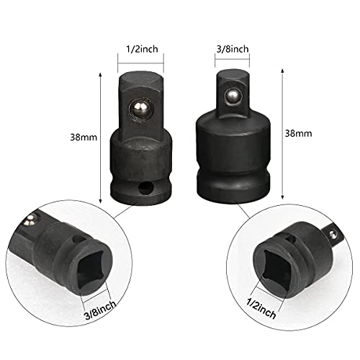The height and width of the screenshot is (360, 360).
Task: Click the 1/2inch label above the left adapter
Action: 142,49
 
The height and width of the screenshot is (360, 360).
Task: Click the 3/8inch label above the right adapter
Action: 233,49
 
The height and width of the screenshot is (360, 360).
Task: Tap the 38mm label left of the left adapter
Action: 84,138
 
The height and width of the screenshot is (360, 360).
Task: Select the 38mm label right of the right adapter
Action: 298,133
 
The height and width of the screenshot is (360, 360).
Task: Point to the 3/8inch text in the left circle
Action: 101,310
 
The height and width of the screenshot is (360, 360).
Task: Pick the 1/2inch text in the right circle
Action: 261,309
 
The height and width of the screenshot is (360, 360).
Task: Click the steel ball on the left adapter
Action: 140,110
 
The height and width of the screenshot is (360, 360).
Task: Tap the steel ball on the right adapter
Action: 233,96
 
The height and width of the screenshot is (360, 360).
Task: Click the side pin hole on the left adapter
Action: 145,188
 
